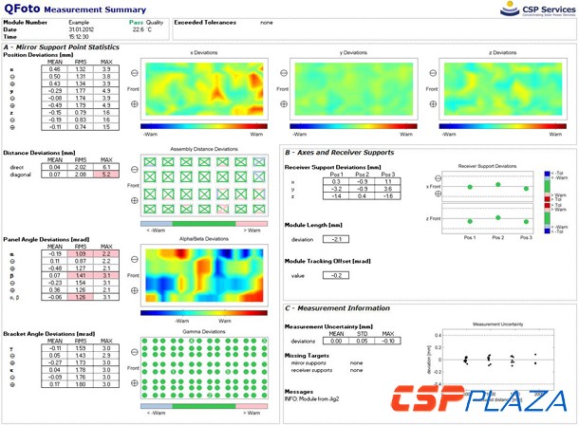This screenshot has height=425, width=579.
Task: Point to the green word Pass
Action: [x=137, y=19]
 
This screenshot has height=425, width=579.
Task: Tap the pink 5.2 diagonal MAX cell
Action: [x=106, y=176]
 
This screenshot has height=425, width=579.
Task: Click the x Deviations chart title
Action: [x=204, y=53]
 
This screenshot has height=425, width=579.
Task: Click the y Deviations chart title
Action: [x=353, y=53]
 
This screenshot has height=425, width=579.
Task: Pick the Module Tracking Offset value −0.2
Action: [x=334, y=274]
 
